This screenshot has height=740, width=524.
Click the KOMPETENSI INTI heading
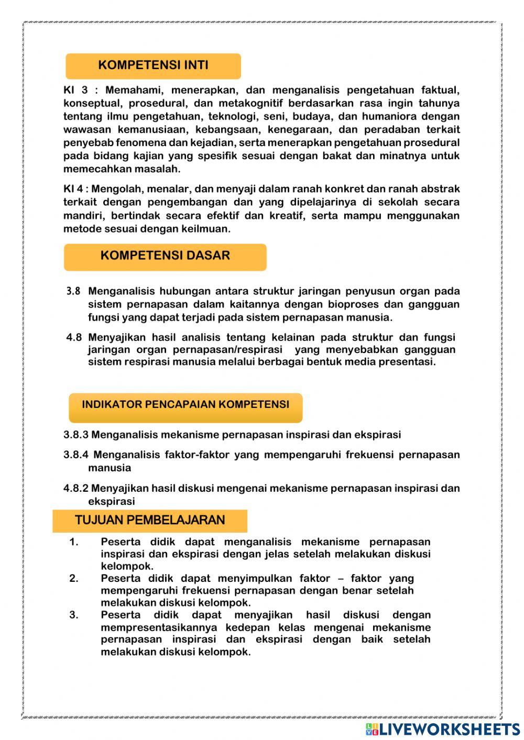153,65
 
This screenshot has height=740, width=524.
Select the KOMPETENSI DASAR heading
165,256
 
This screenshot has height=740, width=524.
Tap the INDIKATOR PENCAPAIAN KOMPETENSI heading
185,405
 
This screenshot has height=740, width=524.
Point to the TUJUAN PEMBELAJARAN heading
150,520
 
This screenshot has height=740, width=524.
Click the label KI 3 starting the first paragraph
75,90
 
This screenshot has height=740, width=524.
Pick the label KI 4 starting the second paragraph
73,189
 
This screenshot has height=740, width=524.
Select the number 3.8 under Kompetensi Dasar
73,291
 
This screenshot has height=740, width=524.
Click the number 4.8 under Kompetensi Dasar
73,338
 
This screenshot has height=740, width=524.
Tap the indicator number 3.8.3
76,435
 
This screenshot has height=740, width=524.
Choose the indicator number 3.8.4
76,455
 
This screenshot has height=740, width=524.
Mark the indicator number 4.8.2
76,489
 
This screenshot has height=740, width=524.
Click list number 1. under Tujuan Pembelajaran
74,542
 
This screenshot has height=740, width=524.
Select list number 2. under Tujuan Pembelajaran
74,579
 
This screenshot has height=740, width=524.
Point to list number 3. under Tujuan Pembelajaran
74,615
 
